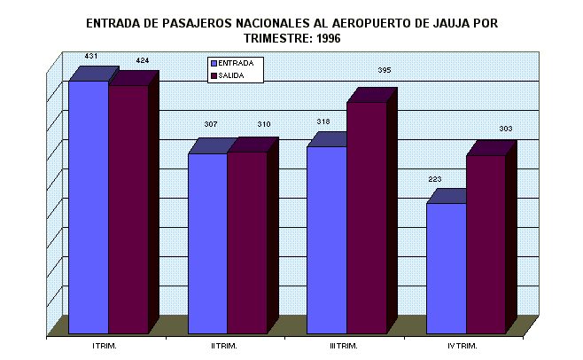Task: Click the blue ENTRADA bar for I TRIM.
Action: (x=89, y=208)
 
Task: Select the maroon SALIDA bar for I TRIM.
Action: (x=128, y=210)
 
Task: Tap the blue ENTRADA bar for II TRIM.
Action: (x=207, y=244)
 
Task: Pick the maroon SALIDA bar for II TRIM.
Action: (x=247, y=243)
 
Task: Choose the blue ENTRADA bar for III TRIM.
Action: (x=326, y=240)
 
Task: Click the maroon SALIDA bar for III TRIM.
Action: (x=366, y=218)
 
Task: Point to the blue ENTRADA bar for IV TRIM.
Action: (x=446, y=269)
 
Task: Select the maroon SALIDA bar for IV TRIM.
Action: (x=486, y=245)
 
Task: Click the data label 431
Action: (x=90, y=56)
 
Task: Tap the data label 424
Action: (x=143, y=60)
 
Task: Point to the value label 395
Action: (x=384, y=69)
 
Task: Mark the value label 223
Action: (x=434, y=179)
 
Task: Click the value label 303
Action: (x=506, y=129)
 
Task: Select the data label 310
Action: (x=263, y=123)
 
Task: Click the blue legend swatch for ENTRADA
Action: (x=213, y=64)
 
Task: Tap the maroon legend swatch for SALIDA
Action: (x=213, y=76)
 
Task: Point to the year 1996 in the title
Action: (x=323, y=39)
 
